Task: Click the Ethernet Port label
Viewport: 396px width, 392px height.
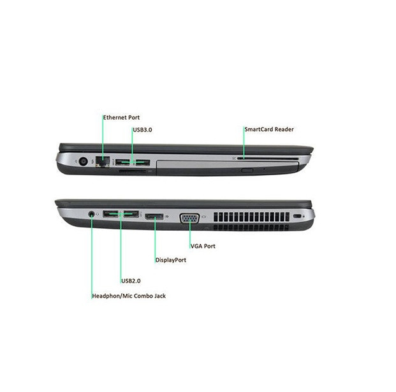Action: click(x=121, y=117)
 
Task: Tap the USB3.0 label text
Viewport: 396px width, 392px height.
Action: click(x=142, y=130)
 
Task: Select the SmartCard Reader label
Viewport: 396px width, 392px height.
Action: click(x=269, y=129)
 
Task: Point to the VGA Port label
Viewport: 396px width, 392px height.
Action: click(x=203, y=246)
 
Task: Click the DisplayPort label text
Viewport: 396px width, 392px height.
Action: click(x=171, y=260)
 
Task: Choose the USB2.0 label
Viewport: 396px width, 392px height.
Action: click(x=131, y=280)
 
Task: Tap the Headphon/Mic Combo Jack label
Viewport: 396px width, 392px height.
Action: click(x=129, y=296)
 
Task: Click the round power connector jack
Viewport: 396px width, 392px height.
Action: click(x=84, y=161)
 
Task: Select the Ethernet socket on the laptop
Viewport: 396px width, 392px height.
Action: click(x=103, y=161)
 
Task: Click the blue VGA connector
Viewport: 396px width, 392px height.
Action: click(x=189, y=219)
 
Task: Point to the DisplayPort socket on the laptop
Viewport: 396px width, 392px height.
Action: click(x=154, y=216)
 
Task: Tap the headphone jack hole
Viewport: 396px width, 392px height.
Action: click(x=91, y=214)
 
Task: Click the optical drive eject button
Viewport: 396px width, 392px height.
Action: click(x=247, y=170)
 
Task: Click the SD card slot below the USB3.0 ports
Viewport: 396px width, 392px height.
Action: click(x=132, y=171)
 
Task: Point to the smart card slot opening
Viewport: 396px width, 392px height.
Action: click(x=268, y=159)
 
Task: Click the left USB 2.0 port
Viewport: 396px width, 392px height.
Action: click(x=110, y=214)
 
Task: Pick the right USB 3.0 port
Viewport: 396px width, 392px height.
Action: click(x=142, y=163)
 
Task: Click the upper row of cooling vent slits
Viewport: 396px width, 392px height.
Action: click(x=251, y=217)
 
